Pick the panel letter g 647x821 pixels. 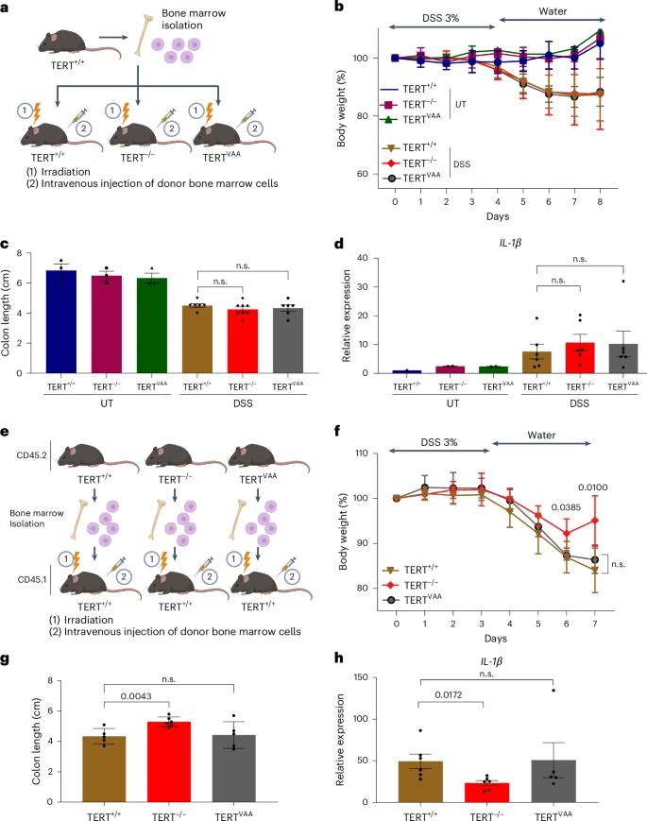(8, 658)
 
